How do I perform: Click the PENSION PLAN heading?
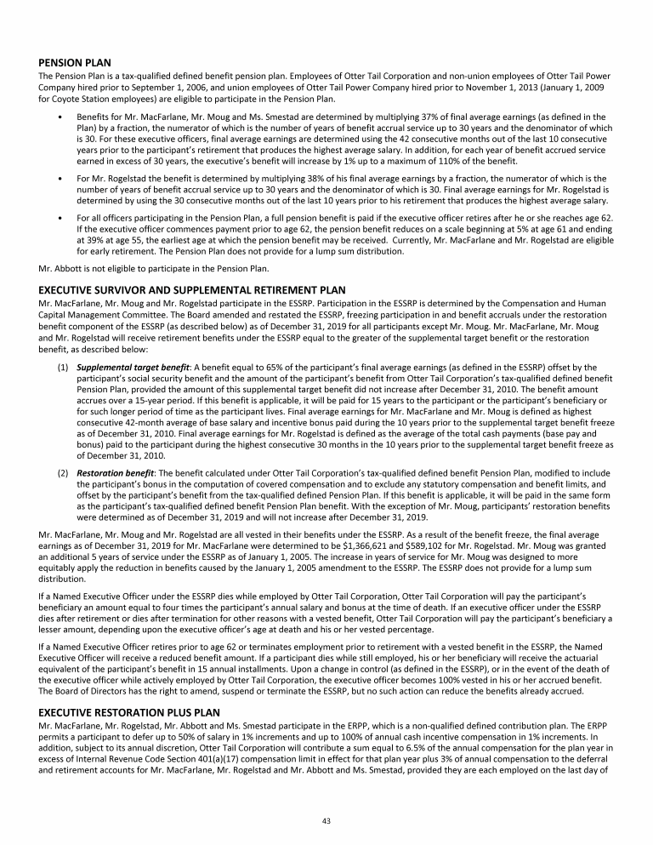[76, 62]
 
